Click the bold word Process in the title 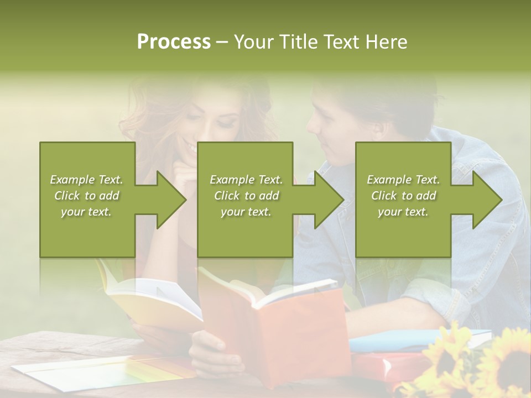(174, 42)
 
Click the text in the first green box (86, 196)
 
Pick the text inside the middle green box (246, 196)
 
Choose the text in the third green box (403, 196)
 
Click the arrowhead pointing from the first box (169, 200)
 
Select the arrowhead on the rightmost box (485, 200)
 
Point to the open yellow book (155, 301)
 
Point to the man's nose (313, 125)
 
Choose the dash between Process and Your (222, 43)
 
